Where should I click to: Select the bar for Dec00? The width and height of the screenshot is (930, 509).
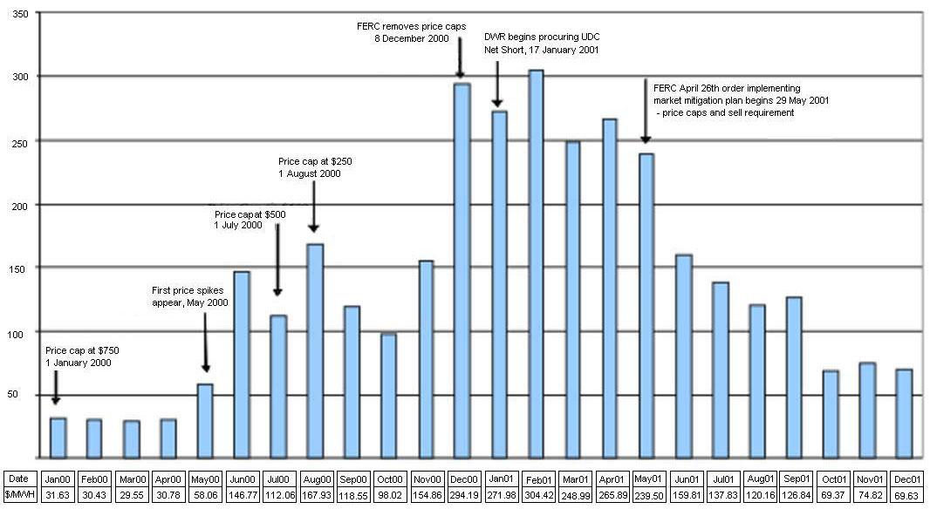[462, 270]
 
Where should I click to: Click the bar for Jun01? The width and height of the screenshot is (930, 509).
[683, 356]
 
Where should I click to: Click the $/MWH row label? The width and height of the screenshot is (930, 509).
[19, 495]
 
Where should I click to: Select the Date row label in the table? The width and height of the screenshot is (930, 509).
[19, 478]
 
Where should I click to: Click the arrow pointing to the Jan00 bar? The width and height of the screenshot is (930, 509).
[55, 387]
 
